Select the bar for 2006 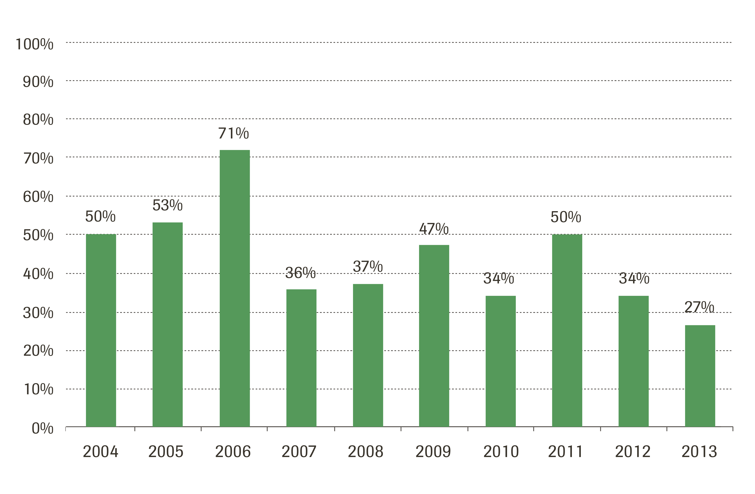(235, 288)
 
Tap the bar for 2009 (434, 336)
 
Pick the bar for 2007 (301, 358)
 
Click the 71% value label (234, 133)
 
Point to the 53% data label (167, 205)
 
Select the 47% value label (434, 229)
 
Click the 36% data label (300, 273)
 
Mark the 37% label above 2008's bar (368, 266)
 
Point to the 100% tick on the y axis (35, 44)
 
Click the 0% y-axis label (42, 428)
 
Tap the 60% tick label (38, 197)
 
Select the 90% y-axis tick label (38, 82)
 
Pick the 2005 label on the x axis (166, 452)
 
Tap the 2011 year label (565, 452)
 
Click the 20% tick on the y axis (38, 351)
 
